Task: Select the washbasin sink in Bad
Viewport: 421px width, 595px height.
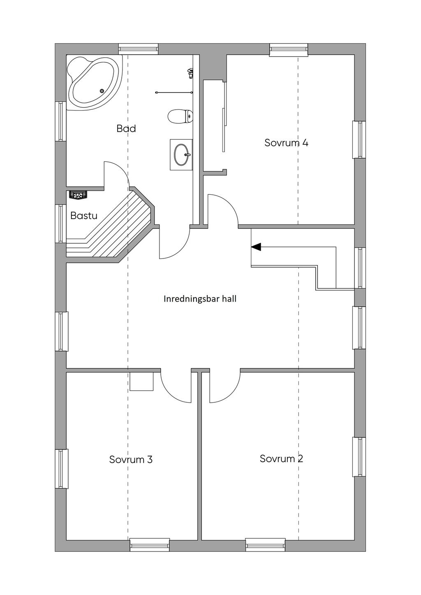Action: [x=181, y=155]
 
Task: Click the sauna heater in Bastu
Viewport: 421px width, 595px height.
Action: [x=78, y=194]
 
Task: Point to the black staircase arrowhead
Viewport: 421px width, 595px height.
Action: [x=256, y=247]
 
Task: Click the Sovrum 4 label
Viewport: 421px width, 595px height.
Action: [x=286, y=143]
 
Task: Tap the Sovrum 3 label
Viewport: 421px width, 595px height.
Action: [x=131, y=459]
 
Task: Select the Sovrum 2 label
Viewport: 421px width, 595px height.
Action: [x=281, y=458]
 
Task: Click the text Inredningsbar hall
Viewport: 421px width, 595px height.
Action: [x=200, y=299]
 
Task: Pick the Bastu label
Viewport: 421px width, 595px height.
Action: [x=83, y=215]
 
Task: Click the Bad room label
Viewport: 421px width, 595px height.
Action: [x=126, y=129]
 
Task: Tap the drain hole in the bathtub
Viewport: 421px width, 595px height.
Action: [x=102, y=91]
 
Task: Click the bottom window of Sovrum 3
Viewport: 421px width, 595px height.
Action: [x=150, y=545]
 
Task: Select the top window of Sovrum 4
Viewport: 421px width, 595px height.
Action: [x=289, y=50]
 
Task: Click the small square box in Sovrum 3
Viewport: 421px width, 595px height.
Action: [x=141, y=381]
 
